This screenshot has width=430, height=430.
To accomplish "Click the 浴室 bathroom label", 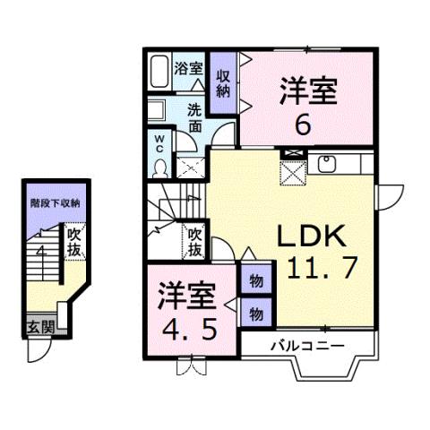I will tap(188, 68).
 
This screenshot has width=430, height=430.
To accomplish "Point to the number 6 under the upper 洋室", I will tap(305, 125).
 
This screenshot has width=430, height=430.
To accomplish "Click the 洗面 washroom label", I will tap(195, 118).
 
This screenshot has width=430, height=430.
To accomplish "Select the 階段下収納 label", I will tap(56, 203).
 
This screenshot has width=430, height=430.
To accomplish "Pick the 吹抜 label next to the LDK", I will tap(194, 239).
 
